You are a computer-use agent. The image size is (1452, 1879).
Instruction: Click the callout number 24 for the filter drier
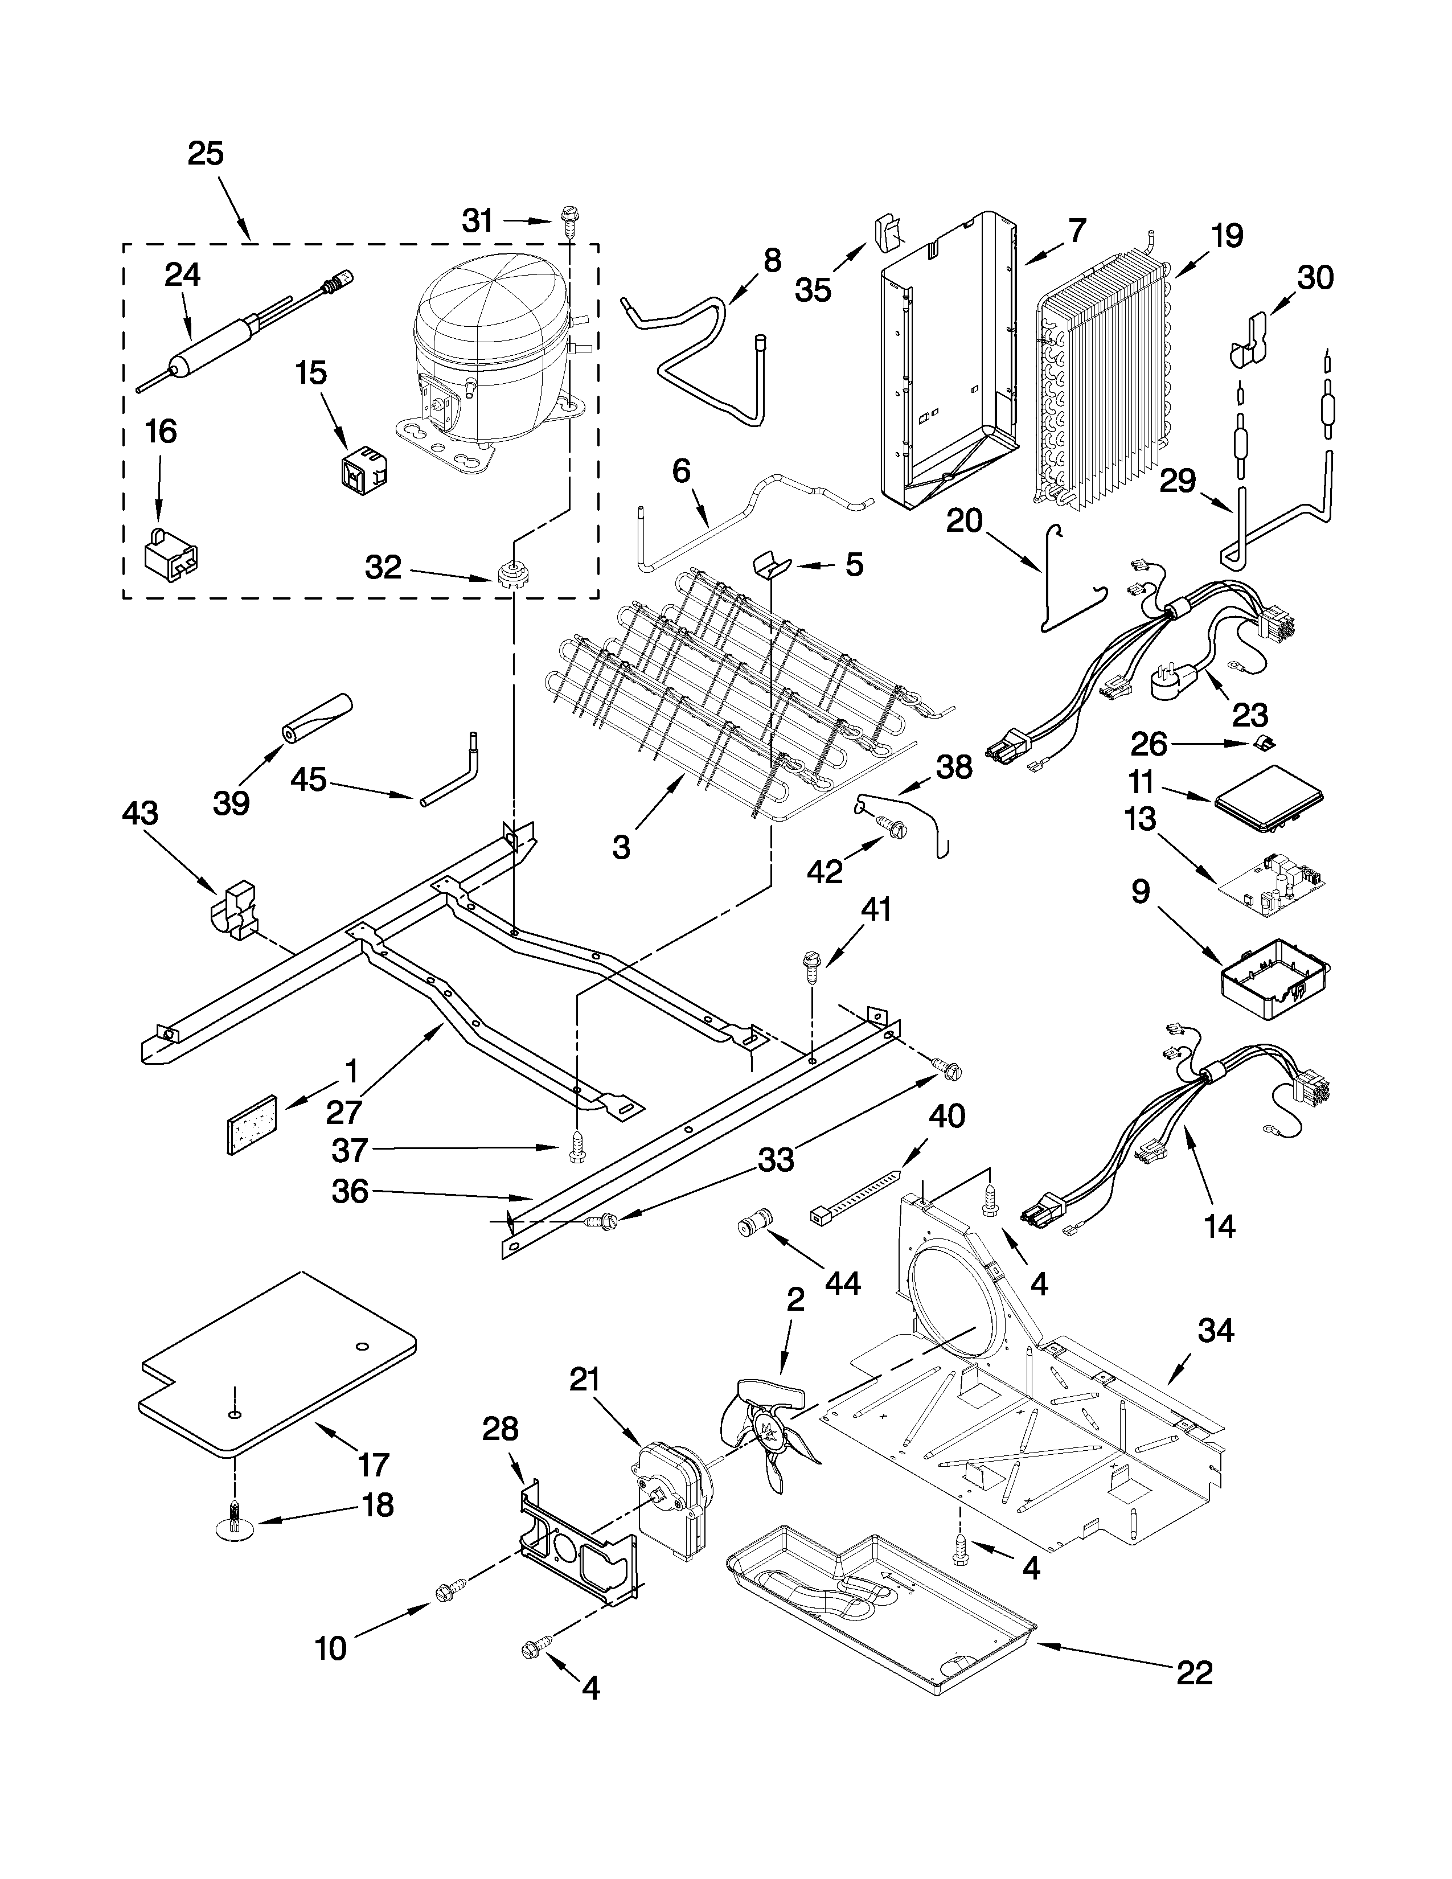[182, 276]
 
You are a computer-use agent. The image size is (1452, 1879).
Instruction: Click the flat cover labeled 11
[1268, 799]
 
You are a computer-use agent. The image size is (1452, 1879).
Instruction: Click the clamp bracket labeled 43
[234, 913]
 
